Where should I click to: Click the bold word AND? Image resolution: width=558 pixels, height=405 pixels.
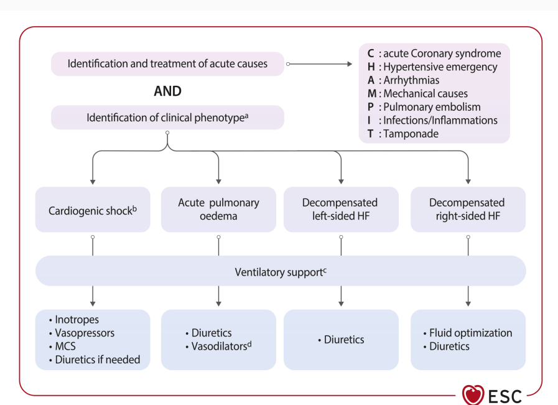click(x=167, y=91)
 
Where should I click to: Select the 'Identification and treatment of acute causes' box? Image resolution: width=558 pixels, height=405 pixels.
click(x=167, y=63)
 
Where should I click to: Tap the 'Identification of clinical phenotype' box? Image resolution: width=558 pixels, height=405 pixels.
click(x=167, y=118)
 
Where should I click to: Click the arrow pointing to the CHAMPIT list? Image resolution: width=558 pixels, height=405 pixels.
click(x=319, y=64)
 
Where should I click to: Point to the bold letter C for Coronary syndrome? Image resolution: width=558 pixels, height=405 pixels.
click(x=371, y=54)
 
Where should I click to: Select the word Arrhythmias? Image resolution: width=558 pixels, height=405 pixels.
click(x=411, y=80)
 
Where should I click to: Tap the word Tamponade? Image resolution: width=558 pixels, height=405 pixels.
click(x=411, y=134)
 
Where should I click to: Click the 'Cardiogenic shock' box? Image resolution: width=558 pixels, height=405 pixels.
click(x=93, y=210)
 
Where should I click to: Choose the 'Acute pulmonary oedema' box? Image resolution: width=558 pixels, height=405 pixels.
click(x=218, y=210)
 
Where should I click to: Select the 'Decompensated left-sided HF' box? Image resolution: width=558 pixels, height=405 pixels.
click(x=341, y=210)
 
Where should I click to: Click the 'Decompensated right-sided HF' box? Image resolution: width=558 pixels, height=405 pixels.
click(x=468, y=210)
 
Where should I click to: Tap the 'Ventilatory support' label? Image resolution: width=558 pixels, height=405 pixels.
click(x=281, y=272)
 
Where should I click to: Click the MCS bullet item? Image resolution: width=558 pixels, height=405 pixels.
click(x=63, y=347)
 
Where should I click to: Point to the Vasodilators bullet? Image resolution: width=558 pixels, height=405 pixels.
click(x=218, y=346)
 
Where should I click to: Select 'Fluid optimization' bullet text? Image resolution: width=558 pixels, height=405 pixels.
click(x=468, y=333)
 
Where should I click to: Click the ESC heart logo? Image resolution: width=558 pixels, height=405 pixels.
click(x=473, y=395)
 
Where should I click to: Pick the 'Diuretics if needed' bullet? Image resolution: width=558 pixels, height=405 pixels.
click(x=95, y=360)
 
